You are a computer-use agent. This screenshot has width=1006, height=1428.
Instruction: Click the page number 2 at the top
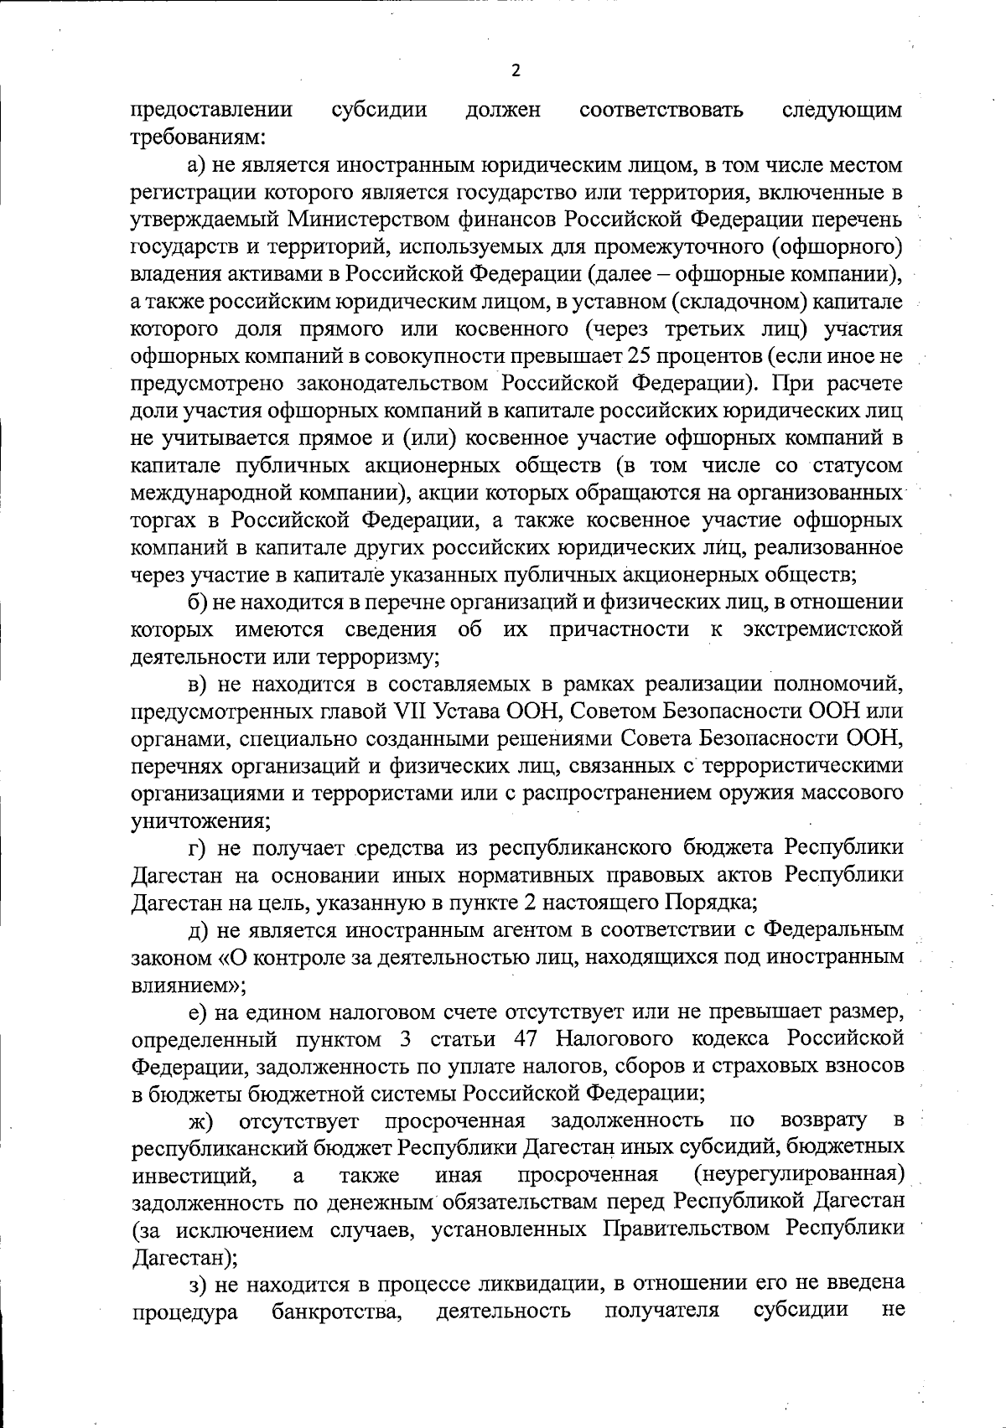(x=516, y=70)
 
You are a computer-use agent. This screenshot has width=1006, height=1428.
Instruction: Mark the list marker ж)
(x=200, y=1120)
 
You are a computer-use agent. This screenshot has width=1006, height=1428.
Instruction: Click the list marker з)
(x=197, y=1283)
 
